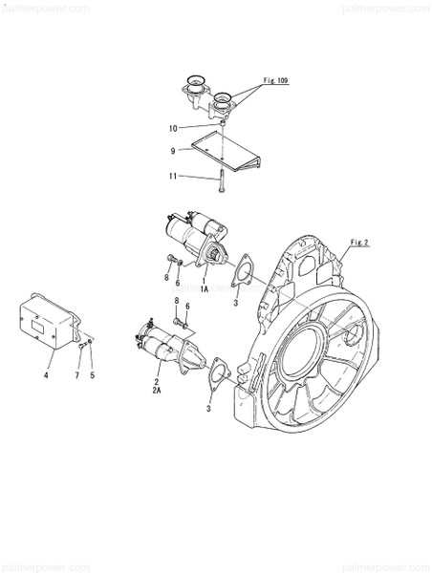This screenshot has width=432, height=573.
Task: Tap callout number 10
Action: pyautogui.click(x=172, y=127)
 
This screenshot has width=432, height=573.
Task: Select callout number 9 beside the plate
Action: pyautogui.click(x=173, y=150)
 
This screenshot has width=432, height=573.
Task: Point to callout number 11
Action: pyautogui.click(x=172, y=176)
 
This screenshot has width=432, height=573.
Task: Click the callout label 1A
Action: pyautogui.click(x=205, y=286)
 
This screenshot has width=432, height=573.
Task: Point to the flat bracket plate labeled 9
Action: pyautogui.click(x=225, y=151)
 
